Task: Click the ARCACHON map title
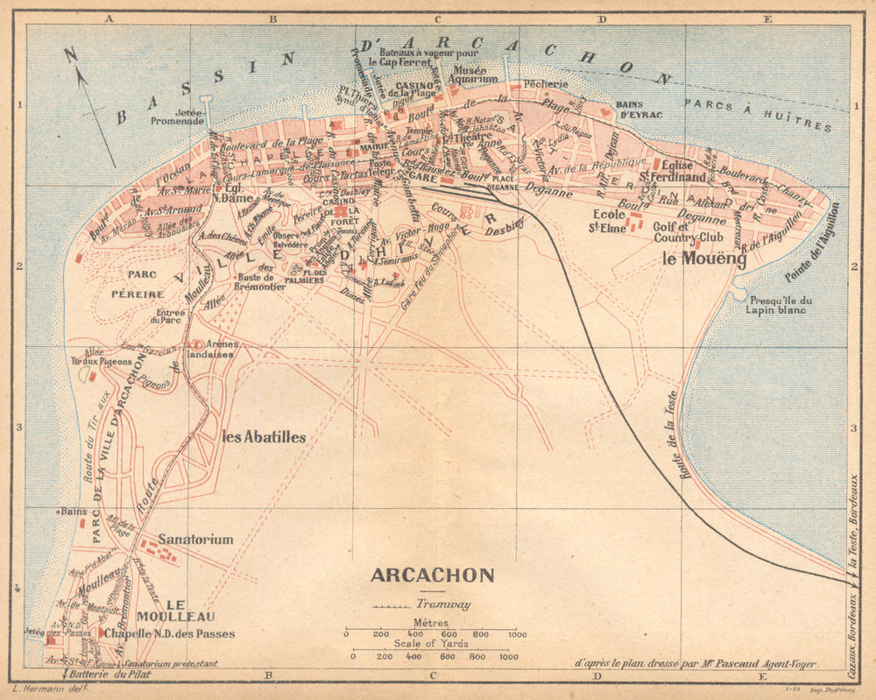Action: [432, 576]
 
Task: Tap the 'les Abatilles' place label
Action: [264, 437]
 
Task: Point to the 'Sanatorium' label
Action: [195, 539]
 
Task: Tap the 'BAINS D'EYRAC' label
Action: [639, 110]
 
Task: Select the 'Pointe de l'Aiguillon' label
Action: [814, 242]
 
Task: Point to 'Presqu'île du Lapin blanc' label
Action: [775, 304]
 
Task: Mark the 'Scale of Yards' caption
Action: [430, 644]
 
